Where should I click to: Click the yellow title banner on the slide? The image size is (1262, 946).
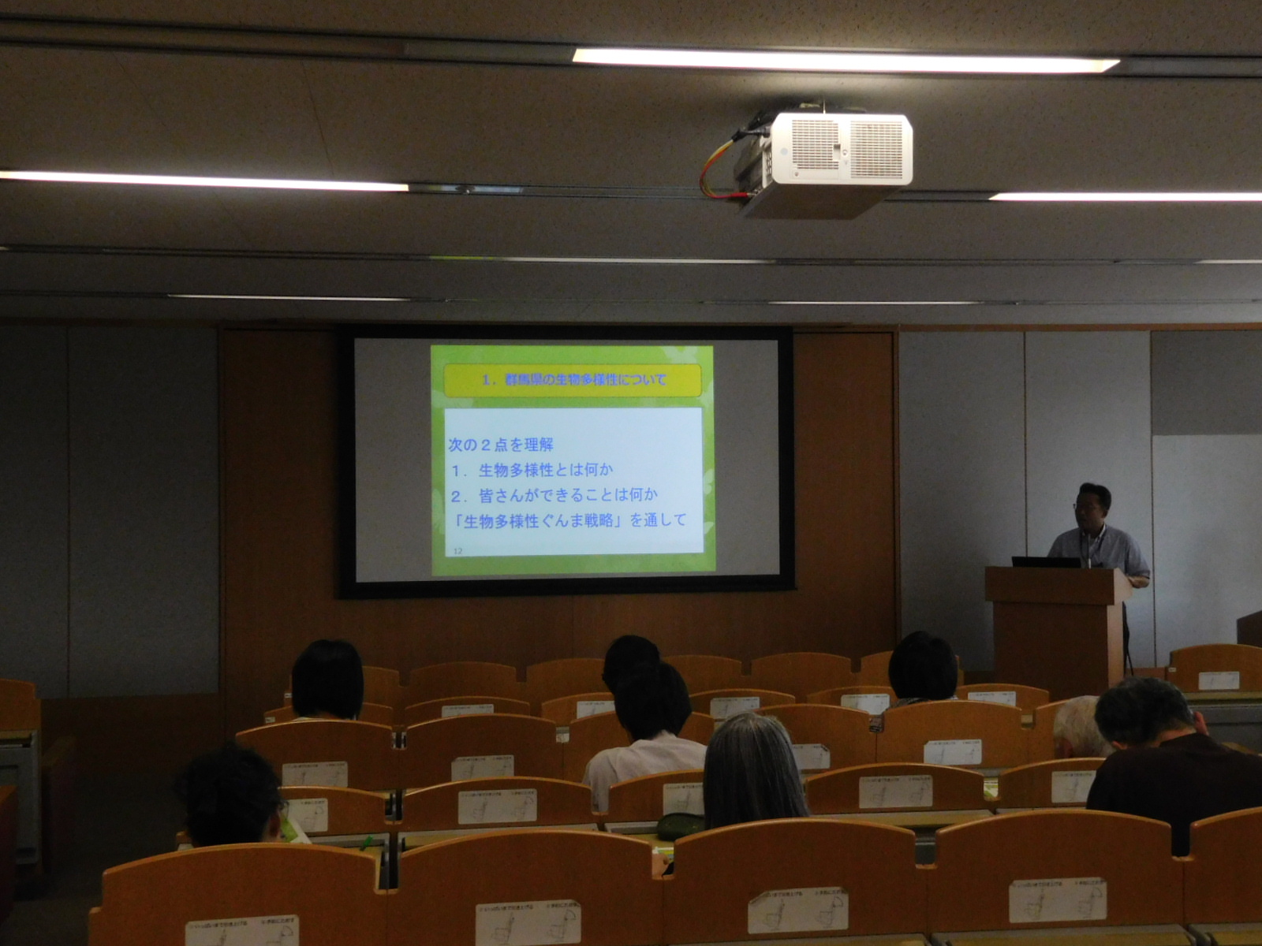click(573, 380)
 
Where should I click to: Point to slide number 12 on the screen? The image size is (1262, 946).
click(457, 550)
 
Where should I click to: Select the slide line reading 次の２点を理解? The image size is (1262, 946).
click(500, 445)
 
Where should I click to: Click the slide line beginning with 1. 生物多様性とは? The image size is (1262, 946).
click(532, 470)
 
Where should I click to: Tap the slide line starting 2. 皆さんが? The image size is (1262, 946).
click(554, 495)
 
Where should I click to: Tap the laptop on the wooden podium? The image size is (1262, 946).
click(1046, 562)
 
